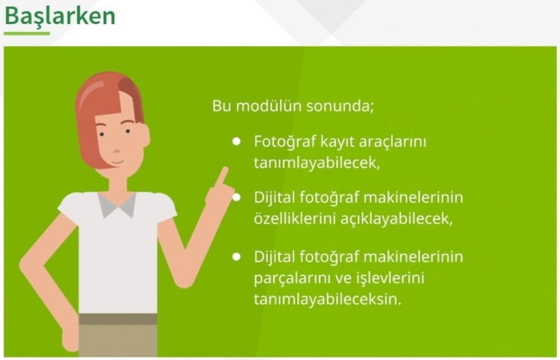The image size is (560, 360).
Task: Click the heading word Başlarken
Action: (x=60, y=16)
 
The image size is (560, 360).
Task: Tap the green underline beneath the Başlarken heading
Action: (x=26, y=34)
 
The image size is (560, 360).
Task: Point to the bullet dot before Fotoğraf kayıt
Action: (x=237, y=141)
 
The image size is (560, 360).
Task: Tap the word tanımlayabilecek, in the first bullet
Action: (x=316, y=163)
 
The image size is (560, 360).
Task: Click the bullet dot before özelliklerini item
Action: (x=237, y=197)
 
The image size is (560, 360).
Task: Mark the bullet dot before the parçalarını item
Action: (x=237, y=256)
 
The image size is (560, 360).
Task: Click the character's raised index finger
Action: (x=222, y=175)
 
